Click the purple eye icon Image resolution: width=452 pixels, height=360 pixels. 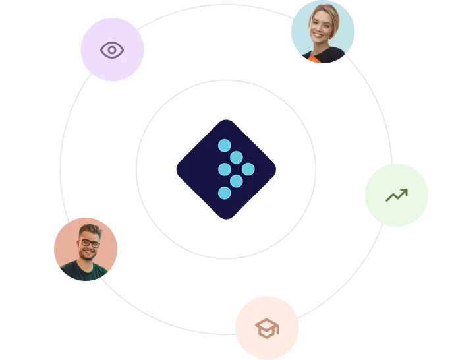[112, 50]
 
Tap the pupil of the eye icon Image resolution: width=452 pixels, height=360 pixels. [112, 50]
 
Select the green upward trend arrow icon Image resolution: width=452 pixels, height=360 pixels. [397, 195]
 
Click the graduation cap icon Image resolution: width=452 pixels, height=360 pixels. [266, 328]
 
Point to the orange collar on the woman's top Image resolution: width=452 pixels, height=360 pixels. [314, 59]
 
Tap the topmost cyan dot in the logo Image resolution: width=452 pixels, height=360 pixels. [225, 145]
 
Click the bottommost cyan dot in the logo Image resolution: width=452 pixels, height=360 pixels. [225, 193]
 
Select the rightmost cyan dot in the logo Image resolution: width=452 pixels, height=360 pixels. [248, 169]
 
